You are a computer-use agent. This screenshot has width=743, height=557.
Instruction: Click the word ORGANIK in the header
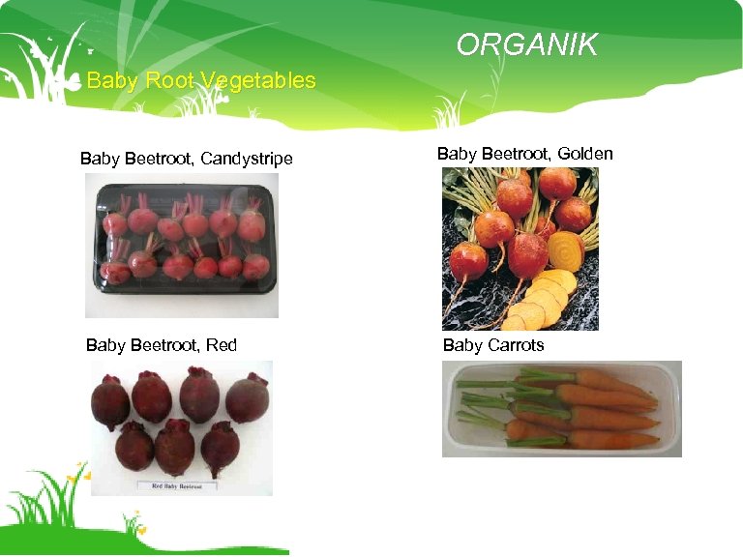[x=526, y=44]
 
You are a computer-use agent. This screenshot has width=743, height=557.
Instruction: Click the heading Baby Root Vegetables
[x=201, y=80]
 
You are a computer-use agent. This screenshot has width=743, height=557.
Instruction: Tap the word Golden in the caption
[x=585, y=154]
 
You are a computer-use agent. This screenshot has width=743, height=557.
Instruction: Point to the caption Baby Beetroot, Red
[x=161, y=345]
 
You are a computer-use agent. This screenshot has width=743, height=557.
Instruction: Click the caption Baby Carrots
[x=493, y=345]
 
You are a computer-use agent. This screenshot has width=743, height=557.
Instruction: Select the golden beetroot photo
[x=520, y=249]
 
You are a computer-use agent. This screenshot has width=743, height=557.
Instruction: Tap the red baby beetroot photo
[x=181, y=427]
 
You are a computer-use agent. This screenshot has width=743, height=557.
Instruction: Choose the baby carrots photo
[x=562, y=408]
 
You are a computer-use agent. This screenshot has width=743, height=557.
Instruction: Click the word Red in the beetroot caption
[x=222, y=345]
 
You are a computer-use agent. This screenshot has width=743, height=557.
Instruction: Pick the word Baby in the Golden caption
[x=457, y=154]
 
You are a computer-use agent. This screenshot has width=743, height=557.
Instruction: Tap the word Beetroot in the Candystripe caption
[x=160, y=159]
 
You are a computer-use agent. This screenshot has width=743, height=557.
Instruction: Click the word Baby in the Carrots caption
[x=462, y=345]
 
